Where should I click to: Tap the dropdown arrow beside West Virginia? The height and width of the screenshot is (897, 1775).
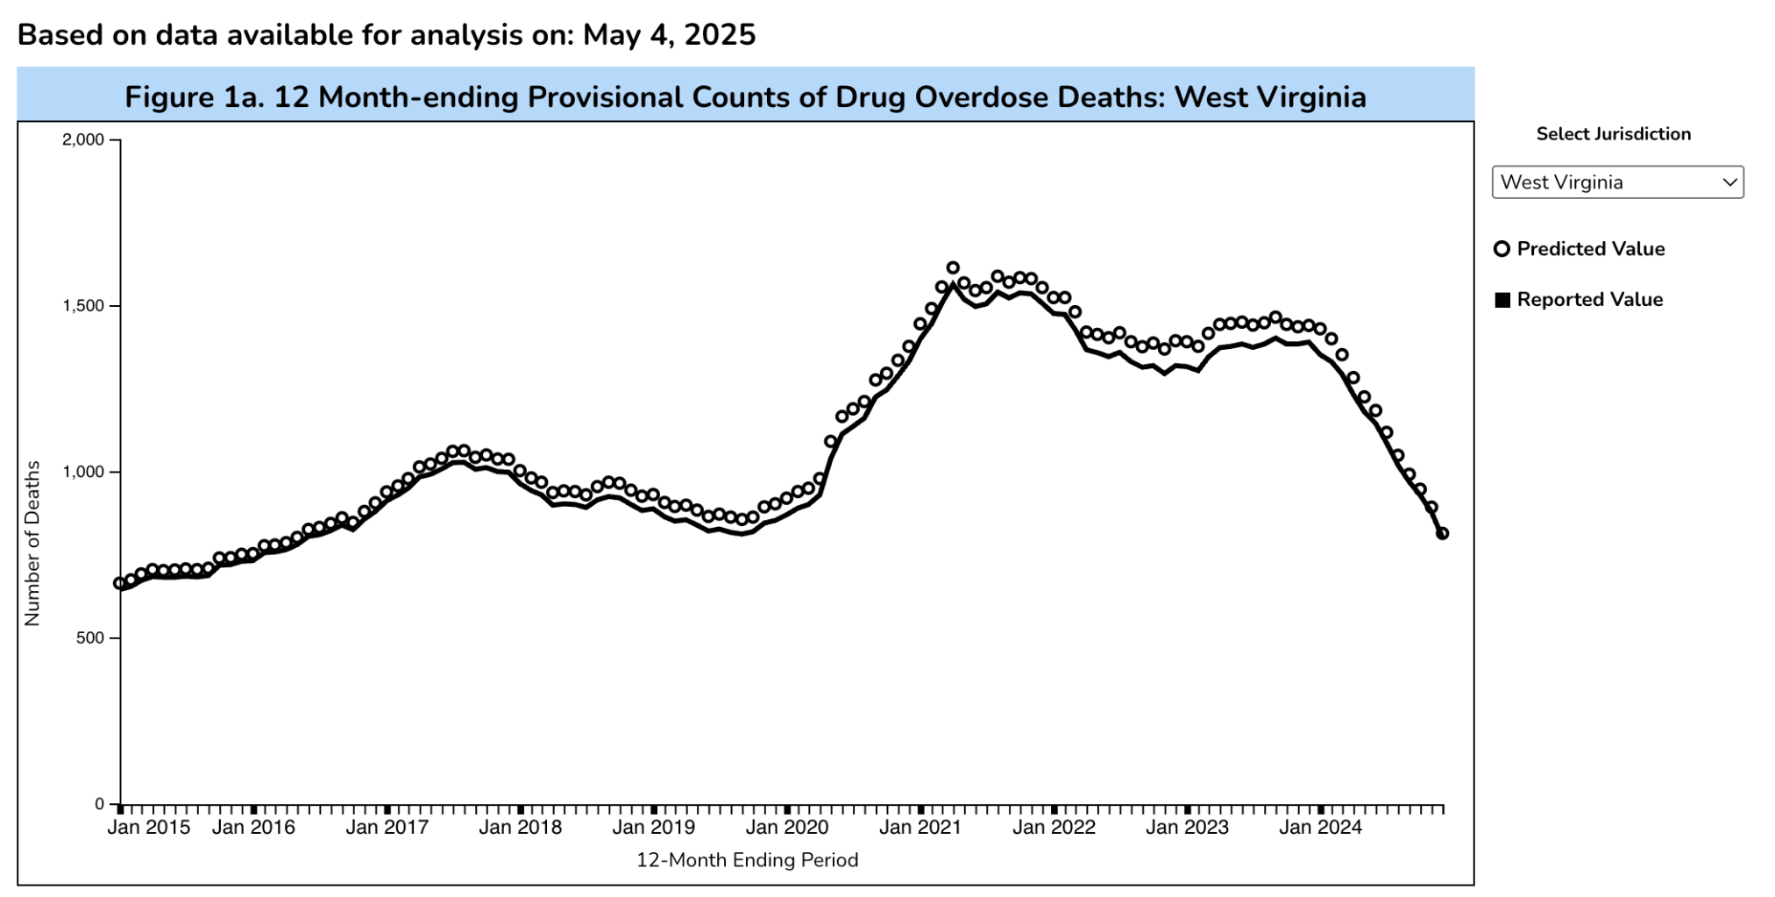coord(1729,182)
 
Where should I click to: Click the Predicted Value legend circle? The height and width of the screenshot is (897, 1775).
coord(1502,249)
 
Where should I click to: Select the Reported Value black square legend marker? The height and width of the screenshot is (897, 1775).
coord(1502,300)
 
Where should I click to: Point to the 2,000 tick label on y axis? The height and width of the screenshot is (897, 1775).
coord(82,140)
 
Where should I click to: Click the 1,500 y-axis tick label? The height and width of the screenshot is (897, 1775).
coord(82,306)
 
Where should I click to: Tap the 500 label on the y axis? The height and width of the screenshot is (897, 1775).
coord(89,638)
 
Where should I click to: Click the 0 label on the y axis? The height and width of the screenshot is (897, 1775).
coord(99,804)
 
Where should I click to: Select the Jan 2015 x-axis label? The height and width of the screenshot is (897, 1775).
coord(148,828)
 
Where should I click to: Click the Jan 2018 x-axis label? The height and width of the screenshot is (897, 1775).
coord(520,828)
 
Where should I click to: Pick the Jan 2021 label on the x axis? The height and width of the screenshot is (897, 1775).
coord(919,828)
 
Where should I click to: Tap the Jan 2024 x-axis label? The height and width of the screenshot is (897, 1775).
coord(1320,828)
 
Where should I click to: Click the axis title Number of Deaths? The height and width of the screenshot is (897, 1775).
coord(32,544)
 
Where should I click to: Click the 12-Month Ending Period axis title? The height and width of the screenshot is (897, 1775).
coord(747,860)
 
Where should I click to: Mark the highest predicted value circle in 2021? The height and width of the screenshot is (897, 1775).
coord(953,268)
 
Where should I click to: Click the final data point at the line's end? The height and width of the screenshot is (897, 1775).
coord(1442,533)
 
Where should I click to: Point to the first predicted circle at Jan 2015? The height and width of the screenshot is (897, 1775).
coord(120,583)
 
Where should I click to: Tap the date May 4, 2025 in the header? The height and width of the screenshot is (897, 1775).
coord(669,35)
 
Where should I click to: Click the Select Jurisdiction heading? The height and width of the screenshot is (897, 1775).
coord(1613,134)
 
